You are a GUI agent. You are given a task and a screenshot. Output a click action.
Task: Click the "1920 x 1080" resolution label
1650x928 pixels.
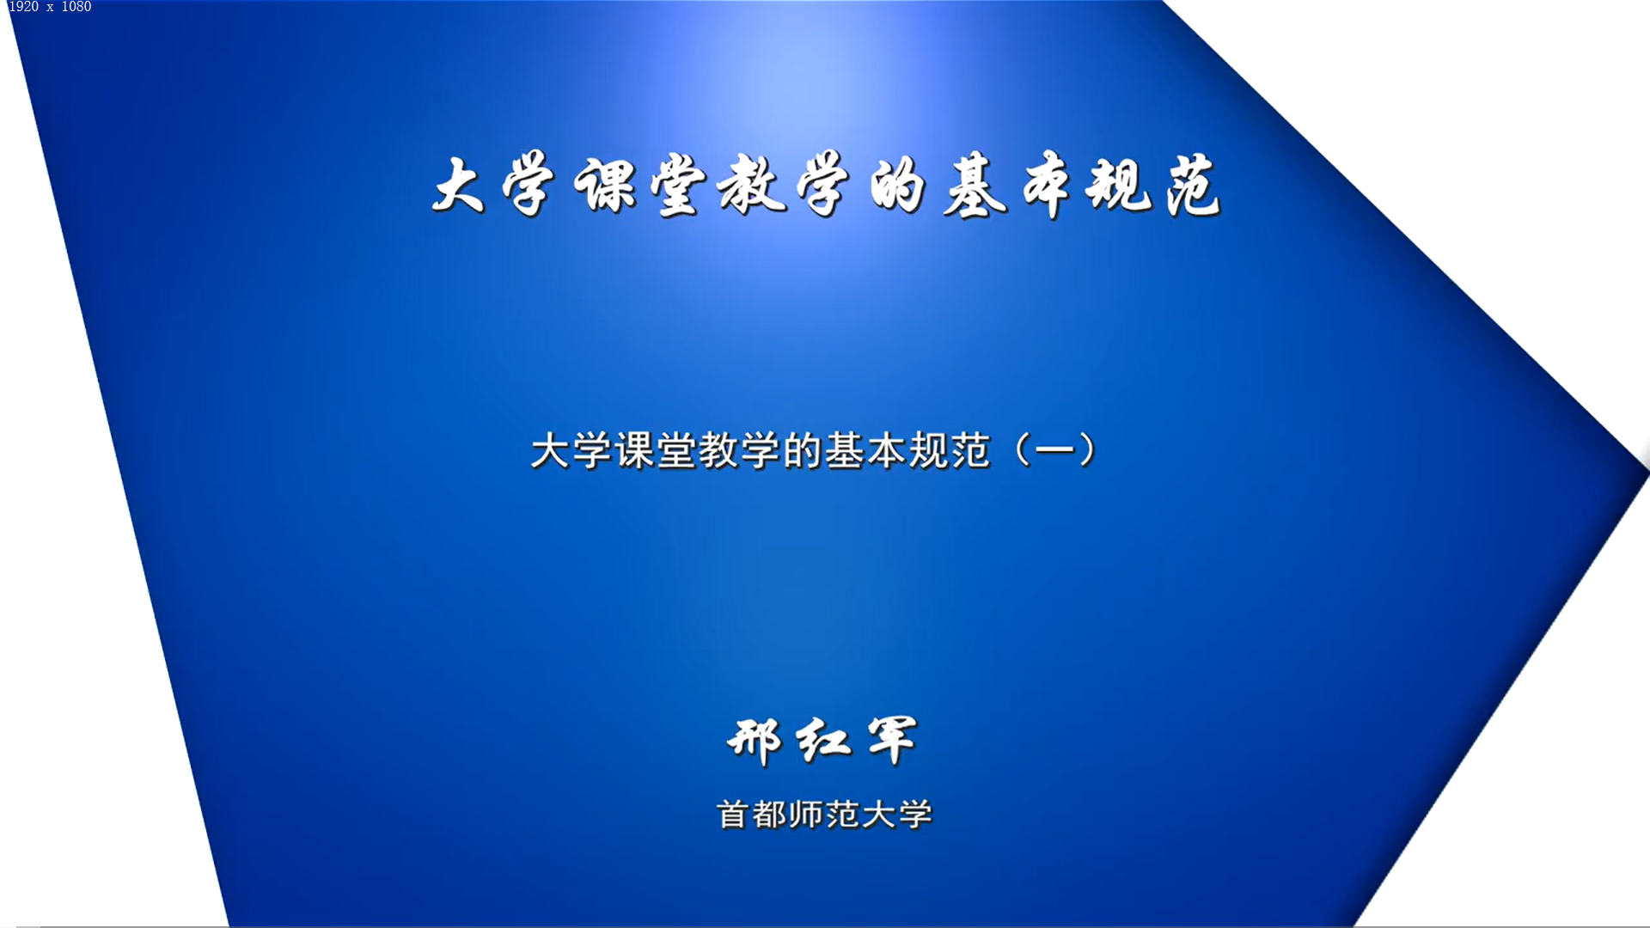pyautogui.click(x=50, y=7)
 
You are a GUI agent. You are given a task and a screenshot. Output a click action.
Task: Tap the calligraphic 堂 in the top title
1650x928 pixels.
pyautogui.click(x=679, y=186)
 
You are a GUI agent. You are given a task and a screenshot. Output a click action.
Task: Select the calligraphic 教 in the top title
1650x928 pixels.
pyautogui.click(x=752, y=185)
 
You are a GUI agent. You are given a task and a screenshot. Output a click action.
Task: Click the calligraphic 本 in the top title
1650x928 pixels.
pyautogui.click(x=1048, y=186)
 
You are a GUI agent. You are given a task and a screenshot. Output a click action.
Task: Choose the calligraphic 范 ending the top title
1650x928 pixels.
pyautogui.click(x=1193, y=186)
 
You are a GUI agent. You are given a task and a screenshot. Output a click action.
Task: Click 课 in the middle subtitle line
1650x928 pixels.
pyautogui.click(x=635, y=450)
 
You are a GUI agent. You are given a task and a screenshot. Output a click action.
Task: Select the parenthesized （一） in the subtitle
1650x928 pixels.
pyautogui.click(x=1055, y=450)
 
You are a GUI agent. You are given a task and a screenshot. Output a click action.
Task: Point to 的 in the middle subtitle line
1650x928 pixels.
pyautogui.click(x=804, y=450)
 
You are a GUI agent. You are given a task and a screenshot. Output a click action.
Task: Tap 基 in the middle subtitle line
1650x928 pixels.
pyautogui.click(x=846, y=450)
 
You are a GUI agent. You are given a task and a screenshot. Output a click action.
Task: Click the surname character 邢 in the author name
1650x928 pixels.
pyautogui.click(x=755, y=741)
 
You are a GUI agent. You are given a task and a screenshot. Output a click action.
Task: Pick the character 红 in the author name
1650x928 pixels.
pyautogui.click(x=823, y=741)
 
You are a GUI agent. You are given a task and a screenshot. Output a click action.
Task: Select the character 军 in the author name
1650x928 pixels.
pyautogui.click(x=893, y=741)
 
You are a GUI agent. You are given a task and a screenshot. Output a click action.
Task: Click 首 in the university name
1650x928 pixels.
pyautogui.click(x=732, y=815)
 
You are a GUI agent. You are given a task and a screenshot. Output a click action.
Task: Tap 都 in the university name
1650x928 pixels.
pyautogui.click(x=769, y=815)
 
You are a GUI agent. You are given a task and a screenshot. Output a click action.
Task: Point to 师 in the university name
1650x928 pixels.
pyautogui.click(x=806, y=815)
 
